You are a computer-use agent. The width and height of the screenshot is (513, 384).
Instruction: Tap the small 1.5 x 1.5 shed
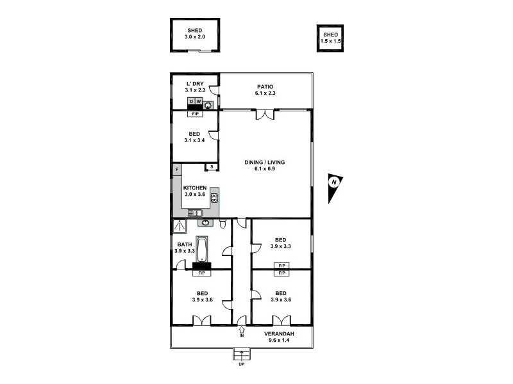pyautogui.click(x=330, y=38)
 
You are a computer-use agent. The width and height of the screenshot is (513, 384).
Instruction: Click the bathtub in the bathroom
pyautogui.click(x=203, y=249)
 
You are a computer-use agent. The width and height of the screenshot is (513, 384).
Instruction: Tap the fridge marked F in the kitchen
pyautogui.click(x=176, y=170)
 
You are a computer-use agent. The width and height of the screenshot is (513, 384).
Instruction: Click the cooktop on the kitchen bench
pyautogui.click(x=214, y=198)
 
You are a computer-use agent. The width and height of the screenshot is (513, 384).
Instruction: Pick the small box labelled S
pyautogui.click(x=210, y=167)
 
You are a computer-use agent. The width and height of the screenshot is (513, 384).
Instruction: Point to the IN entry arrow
pyautogui.click(x=242, y=332)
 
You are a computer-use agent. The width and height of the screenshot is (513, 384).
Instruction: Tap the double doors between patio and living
pyautogui.click(x=264, y=114)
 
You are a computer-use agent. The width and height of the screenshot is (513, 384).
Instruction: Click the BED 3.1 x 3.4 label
pyautogui.click(x=194, y=137)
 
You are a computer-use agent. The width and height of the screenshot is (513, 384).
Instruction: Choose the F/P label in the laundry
pyautogui.click(x=195, y=114)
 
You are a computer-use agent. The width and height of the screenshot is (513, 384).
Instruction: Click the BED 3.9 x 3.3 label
pyautogui.click(x=281, y=243)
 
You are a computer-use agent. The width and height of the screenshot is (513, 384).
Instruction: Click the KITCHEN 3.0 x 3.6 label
pyautogui.click(x=195, y=191)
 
